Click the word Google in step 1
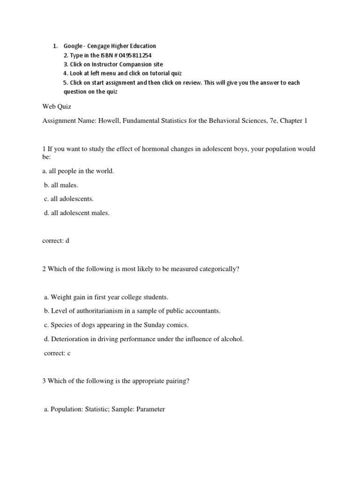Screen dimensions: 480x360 [73, 46]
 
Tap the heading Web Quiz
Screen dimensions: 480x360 [57, 107]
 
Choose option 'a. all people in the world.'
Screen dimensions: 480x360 [78, 171]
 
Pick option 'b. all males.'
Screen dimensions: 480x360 [61, 185]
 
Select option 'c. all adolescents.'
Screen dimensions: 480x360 [69, 199]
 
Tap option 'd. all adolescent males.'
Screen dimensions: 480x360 [77, 213]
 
